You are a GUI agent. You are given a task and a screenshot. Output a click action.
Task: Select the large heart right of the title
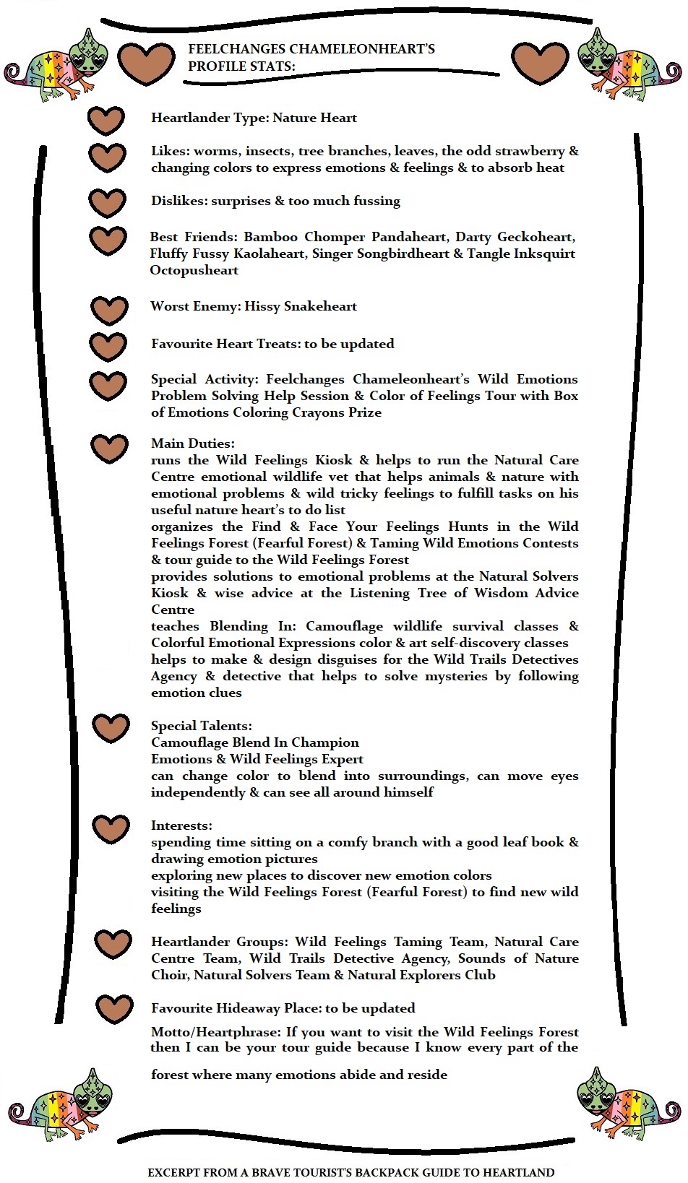pyautogui.click(x=540, y=63)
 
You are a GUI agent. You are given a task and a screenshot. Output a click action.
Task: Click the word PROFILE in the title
pyautogui.click(x=213, y=66)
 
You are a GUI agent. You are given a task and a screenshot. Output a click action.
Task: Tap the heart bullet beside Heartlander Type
pyautogui.click(x=106, y=120)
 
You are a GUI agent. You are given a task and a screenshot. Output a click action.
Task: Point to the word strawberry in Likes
pyautogui.click(x=530, y=151)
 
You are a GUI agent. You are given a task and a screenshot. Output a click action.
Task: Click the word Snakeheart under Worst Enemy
pyautogui.click(x=320, y=306)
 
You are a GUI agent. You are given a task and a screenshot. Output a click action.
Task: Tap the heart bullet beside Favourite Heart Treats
pyautogui.click(x=108, y=346)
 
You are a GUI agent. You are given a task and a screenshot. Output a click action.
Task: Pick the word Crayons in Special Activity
pyautogui.click(x=355, y=412)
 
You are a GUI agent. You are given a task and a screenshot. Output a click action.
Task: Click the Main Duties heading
pyautogui.click(x=192, y=443)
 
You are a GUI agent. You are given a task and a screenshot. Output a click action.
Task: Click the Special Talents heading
pyautogui.click(x=201, y=726)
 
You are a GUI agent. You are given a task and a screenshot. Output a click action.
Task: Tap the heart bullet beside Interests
pyautogui.click(x=111, y=829)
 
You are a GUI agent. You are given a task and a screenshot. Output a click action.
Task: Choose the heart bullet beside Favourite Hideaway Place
pyautogui.click(x=114, y=1009)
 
